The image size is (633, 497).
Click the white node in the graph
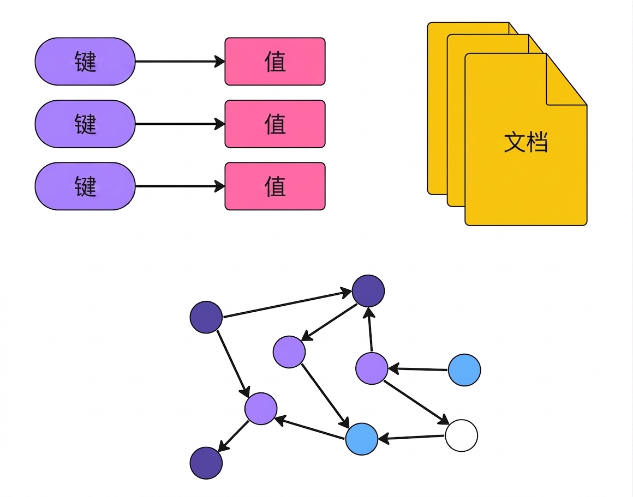pos(462,435)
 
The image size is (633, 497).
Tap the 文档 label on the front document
pos(525,142)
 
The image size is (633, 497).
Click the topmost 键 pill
pos(85,61)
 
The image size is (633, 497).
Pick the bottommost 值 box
pos(275,186)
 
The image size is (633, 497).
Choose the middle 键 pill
pos(85,124)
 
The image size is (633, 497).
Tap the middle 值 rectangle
pos(275,124)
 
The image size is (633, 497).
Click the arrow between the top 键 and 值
pos(180,61)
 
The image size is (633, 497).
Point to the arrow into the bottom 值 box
pos(180,186)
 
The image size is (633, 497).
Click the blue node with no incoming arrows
pos(464,370)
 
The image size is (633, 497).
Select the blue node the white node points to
pos(362,439)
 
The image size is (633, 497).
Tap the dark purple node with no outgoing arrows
pos(206,463)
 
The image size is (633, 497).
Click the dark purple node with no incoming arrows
pos(206,317)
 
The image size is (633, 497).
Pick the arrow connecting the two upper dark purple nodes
pos(288,304)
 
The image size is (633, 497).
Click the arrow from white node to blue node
pos(411,438)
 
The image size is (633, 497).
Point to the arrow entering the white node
pos(416,402)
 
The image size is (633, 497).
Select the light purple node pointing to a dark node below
pos(261,409)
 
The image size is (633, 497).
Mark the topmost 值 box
pos(275,61)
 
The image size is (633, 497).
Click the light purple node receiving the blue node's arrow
pos(372,368)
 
